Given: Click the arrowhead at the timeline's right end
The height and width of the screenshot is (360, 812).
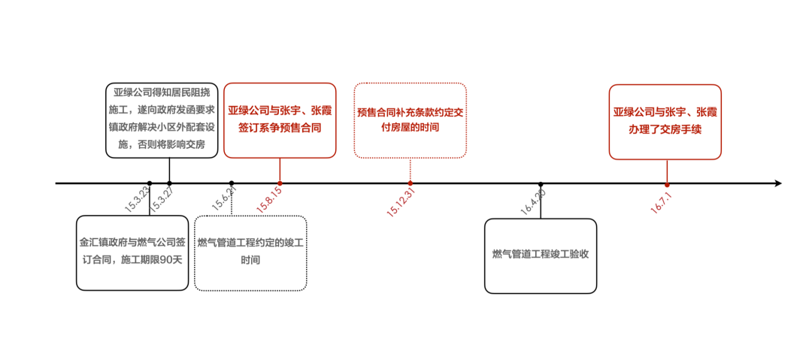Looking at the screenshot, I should point(778,183).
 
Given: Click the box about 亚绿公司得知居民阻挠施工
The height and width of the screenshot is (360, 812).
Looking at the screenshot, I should point(162,119).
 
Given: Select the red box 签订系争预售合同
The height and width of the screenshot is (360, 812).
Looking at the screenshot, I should point(280,119).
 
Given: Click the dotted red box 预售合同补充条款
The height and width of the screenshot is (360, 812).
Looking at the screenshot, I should point(410,119).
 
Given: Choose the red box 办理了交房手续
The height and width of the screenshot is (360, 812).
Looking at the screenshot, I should point(665,121).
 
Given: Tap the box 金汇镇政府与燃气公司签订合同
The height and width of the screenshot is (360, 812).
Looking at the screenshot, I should point(132,253).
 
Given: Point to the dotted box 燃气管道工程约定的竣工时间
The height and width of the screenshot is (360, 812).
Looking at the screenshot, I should point(250,253).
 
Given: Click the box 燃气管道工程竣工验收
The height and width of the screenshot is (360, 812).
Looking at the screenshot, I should point(540,256).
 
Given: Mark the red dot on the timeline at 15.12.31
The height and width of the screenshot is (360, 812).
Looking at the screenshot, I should point(411,183).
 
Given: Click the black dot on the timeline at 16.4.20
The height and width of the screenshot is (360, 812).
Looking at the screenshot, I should point(541,183).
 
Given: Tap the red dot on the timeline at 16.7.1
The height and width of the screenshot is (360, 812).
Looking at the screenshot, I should point(667,184).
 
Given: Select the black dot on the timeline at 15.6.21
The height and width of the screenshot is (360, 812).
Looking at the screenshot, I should point(232,183).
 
